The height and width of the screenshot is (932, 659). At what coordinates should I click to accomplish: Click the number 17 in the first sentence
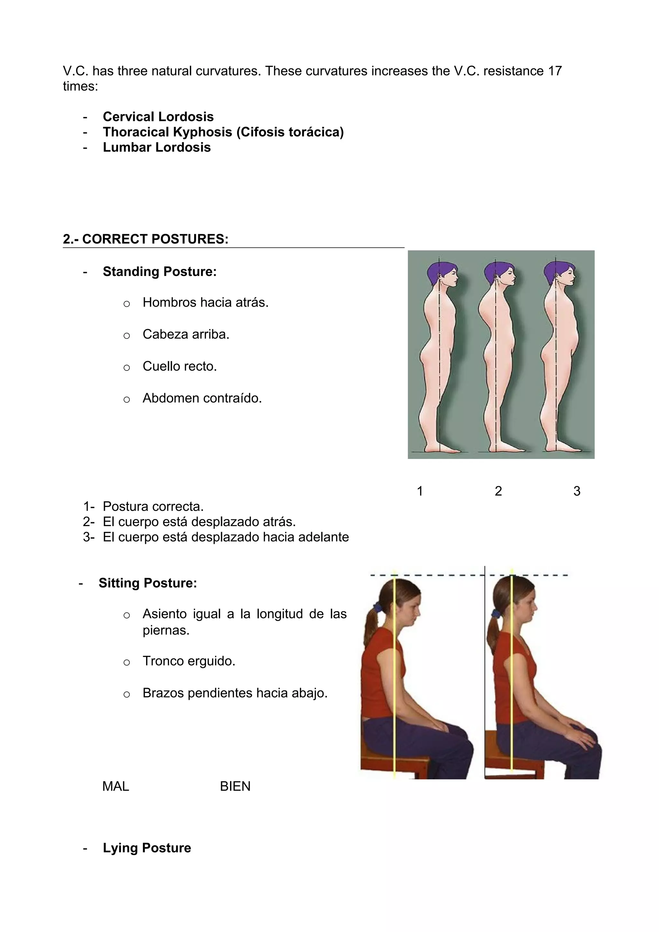[x=555, y=71]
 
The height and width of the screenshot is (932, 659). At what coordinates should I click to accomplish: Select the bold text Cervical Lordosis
[x=158, y=117]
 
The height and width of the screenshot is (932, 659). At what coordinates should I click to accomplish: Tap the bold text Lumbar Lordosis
[x=157, y=147]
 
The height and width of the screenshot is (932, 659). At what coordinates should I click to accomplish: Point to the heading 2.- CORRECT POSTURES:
[x=145, y=239]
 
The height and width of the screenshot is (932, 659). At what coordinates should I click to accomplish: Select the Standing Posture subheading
[x=160, y=271]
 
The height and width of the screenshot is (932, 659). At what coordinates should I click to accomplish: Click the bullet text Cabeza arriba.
[x=186, y=334]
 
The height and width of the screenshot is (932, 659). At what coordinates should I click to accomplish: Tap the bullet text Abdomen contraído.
[x=202, y=398]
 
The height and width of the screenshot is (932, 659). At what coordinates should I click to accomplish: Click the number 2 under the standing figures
[x=498, y=491]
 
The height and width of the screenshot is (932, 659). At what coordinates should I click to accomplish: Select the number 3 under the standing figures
[x=577, y=491]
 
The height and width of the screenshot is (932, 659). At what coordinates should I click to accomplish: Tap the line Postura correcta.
[x=153, y=507]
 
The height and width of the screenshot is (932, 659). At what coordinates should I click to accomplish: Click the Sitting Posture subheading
[x=148, y=583]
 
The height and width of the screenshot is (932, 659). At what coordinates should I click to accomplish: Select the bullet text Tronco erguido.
[x=189, y=661]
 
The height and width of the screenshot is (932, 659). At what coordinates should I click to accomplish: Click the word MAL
[x=116, y=786]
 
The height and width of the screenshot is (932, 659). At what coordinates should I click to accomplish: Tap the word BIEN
[x=235, y=786]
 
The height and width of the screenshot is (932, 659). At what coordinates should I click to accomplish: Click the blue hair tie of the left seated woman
[x=378, y=608]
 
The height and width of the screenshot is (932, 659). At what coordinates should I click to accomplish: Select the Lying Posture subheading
[x=147, y=848]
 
